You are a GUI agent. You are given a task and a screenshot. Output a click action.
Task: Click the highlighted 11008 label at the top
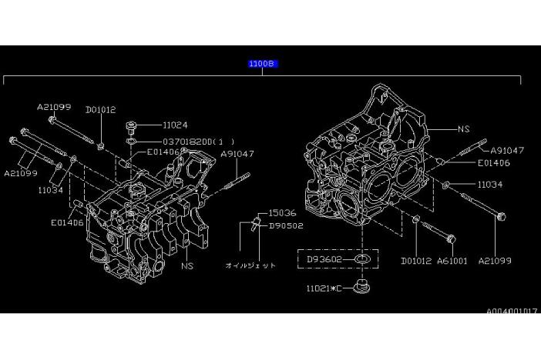tap(264, 64)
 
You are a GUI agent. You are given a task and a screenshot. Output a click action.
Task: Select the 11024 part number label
tap(175, 125)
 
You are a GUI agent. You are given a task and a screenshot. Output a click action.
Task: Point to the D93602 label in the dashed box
tap(324, 259)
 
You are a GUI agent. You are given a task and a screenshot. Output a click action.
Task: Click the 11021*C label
tap(324, 288)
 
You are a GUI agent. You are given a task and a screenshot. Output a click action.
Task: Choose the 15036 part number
tap(282, 213)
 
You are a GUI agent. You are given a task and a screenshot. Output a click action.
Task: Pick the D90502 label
tap(286, 226)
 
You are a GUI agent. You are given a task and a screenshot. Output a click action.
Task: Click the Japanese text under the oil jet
tap(250, 265)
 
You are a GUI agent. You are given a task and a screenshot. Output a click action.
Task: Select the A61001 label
tap(452, 261)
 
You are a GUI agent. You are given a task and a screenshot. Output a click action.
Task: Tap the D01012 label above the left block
tap(101, 110)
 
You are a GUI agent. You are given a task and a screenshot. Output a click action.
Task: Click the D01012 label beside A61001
tap(416, 261)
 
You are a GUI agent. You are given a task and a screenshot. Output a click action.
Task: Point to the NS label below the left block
tap(187, 266)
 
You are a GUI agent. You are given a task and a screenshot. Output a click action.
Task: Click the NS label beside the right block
tap(464, 129)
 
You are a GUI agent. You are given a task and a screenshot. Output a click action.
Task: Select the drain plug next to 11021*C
tap(362, 287)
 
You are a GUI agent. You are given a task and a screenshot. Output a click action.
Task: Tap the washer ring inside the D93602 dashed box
tap(362, 259)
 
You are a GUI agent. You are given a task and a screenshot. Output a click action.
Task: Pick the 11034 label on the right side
tap(490, 185)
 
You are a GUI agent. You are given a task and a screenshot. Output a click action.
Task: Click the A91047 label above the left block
tap(237, 154)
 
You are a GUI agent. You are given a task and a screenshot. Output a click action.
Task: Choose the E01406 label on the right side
tap(494, 163)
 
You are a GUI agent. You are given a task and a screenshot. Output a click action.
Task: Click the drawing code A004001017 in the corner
tap(512, 311)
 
